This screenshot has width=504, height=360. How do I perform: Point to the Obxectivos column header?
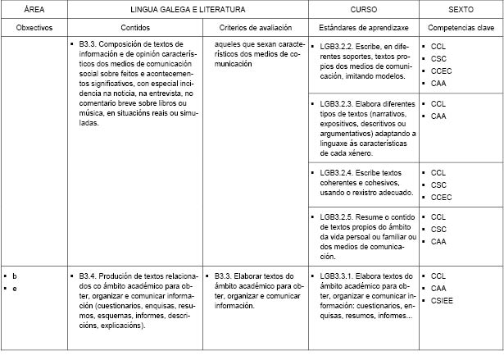click(x=34, y=27)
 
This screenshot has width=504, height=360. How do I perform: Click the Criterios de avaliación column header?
click(x=254, y=27)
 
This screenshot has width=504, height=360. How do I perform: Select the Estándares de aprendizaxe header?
click(x=362, y=27)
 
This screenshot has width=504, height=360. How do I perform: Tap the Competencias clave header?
click(x=460, y=27)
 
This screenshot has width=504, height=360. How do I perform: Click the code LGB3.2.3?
click(x=337, y=104)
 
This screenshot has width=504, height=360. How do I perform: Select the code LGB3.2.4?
click(x=337, y=173)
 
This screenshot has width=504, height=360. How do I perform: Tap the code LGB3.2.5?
click(x=337, y=216)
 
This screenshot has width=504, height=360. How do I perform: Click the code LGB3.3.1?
click(x=337, y=276)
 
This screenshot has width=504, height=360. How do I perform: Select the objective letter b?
click(x=15, y=276)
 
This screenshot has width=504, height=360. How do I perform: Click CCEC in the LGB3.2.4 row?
click(x=441, y=197)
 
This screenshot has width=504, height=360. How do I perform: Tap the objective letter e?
click(x=15, y=289)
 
